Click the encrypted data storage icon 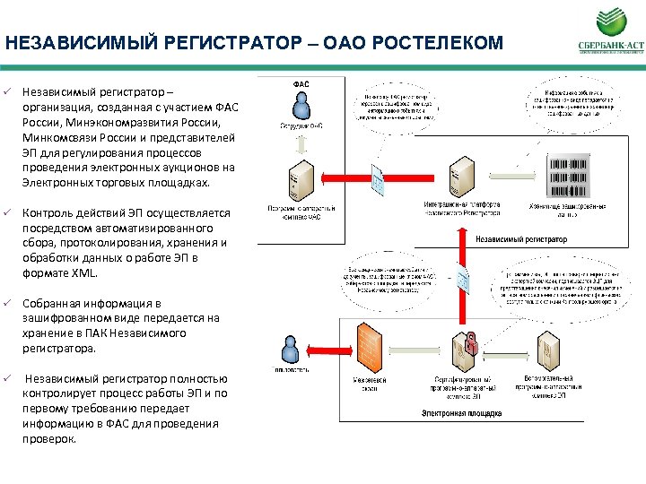(x=567, y=177)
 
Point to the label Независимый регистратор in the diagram (x=521, y=239)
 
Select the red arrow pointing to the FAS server (x=341, y=179)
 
